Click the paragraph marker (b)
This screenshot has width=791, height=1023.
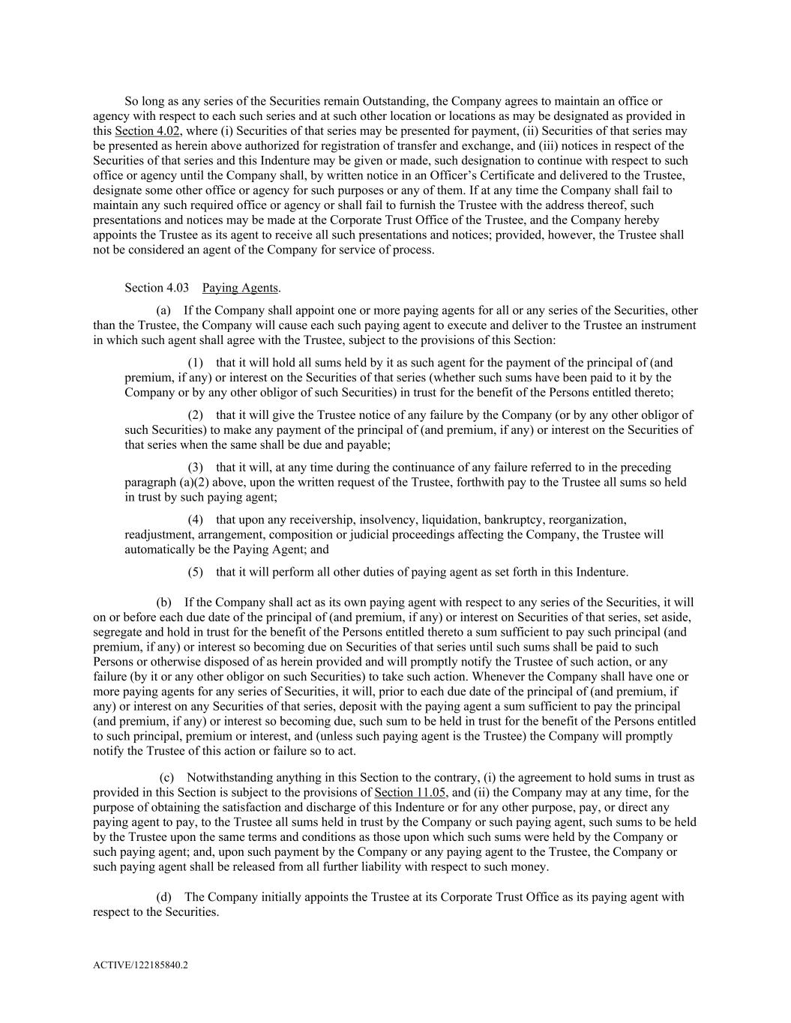coord(163,602)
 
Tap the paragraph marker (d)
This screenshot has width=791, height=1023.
coord(163,896)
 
